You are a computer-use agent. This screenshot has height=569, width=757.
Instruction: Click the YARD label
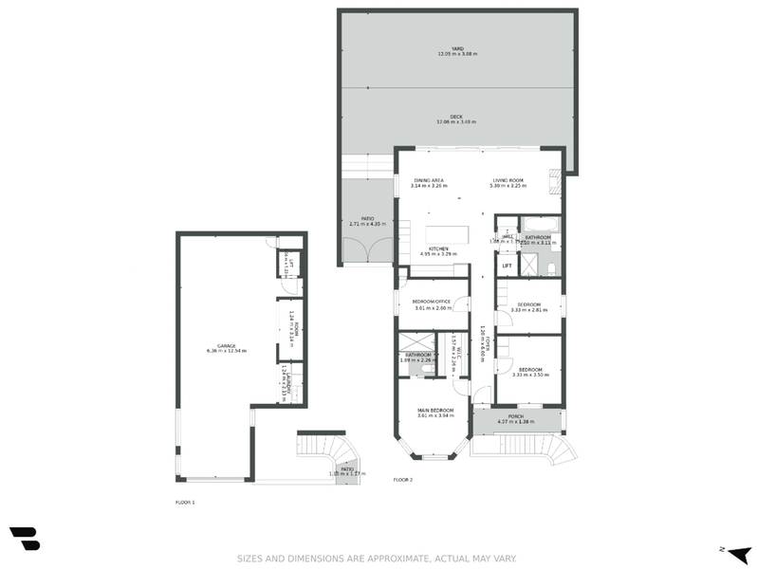point(457,48)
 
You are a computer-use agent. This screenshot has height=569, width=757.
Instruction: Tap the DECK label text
point(456,116)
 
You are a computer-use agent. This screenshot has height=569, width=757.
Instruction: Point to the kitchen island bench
point(447,235)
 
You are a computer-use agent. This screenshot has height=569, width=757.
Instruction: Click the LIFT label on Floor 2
point(507,266)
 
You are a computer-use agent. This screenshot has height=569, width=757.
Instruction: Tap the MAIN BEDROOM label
point(436,410)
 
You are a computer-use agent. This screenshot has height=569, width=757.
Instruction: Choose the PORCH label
point(516,416)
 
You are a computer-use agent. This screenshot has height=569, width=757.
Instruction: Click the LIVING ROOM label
point(508,180)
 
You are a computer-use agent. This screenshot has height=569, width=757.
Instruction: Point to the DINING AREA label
point(429,180)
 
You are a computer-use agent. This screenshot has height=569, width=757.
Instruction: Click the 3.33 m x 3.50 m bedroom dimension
point(528,375)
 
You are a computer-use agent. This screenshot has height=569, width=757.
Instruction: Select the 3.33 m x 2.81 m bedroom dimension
point(528,309)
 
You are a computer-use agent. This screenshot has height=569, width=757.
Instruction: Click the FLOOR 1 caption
point(185,502)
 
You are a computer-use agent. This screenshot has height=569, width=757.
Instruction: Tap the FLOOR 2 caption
point(403,480)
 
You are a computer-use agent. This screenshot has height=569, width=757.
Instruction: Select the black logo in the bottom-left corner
point(26,537)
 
